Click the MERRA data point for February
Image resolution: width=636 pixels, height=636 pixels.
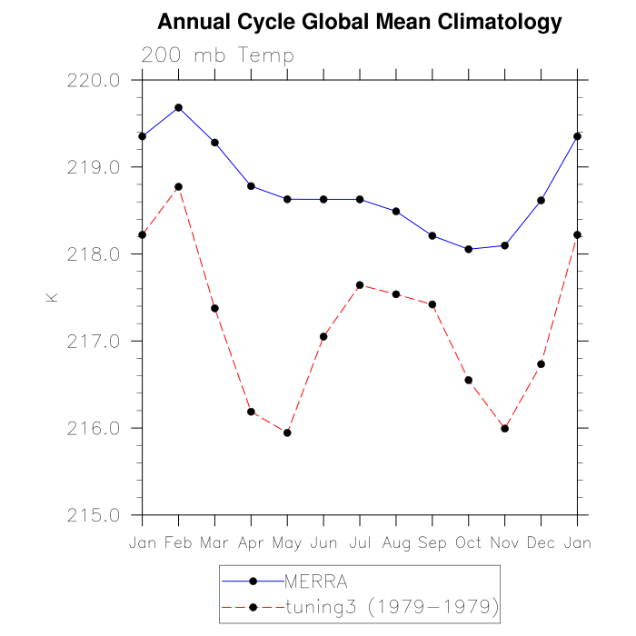pos(178,107)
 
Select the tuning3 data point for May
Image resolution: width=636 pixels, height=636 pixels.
pos(287,432)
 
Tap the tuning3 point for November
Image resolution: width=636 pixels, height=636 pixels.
pos(505,428)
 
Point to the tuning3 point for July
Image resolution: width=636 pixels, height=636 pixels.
pos(360,285)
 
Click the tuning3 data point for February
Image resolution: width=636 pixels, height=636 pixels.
pos(178,186)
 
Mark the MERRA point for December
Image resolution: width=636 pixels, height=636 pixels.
pos(542,200)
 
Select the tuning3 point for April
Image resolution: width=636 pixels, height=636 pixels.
pos(251,412)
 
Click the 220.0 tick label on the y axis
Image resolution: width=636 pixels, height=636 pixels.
pos(94,80)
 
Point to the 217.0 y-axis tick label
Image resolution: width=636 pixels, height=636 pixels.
pos(94,342)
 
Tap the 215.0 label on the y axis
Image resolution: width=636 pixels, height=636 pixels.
pos(94,515)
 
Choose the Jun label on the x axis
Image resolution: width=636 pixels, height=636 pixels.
pos(323,542)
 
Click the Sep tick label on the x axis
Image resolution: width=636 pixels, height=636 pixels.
pos(432,542)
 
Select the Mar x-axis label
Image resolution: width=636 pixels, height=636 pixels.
pos(214,542)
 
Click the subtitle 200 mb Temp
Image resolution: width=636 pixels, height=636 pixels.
pos(218,55)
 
